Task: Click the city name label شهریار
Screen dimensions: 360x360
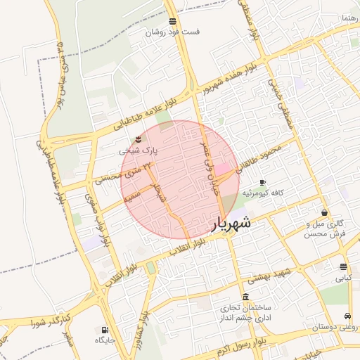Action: pyautogui.click(x=231, y=225)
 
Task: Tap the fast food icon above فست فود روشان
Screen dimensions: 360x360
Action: pyautogui.click(x=173, y=22)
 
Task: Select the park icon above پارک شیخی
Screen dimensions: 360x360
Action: pyautogui.click(x=138, y=139)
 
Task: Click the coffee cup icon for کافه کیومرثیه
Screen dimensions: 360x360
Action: pyautogui.click(x=262, y=182)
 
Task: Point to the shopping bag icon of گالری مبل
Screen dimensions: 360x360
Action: pyautogui.click(x=323, y=212)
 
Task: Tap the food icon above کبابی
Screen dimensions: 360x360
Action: pyautogui.click(x=342, y=267)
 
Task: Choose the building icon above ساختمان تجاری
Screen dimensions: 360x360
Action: pyautogui.click(x=244, y=297)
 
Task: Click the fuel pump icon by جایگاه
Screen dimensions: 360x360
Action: pyautogui.click(x=105, y=330)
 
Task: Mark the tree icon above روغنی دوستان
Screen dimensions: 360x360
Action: pyautogui.click(x=348, y=316)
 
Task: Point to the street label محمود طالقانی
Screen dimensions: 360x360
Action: pyautogui.click(x=257, y=158)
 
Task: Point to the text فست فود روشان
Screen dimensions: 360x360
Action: pyautogui.click(x=173, y=32)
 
